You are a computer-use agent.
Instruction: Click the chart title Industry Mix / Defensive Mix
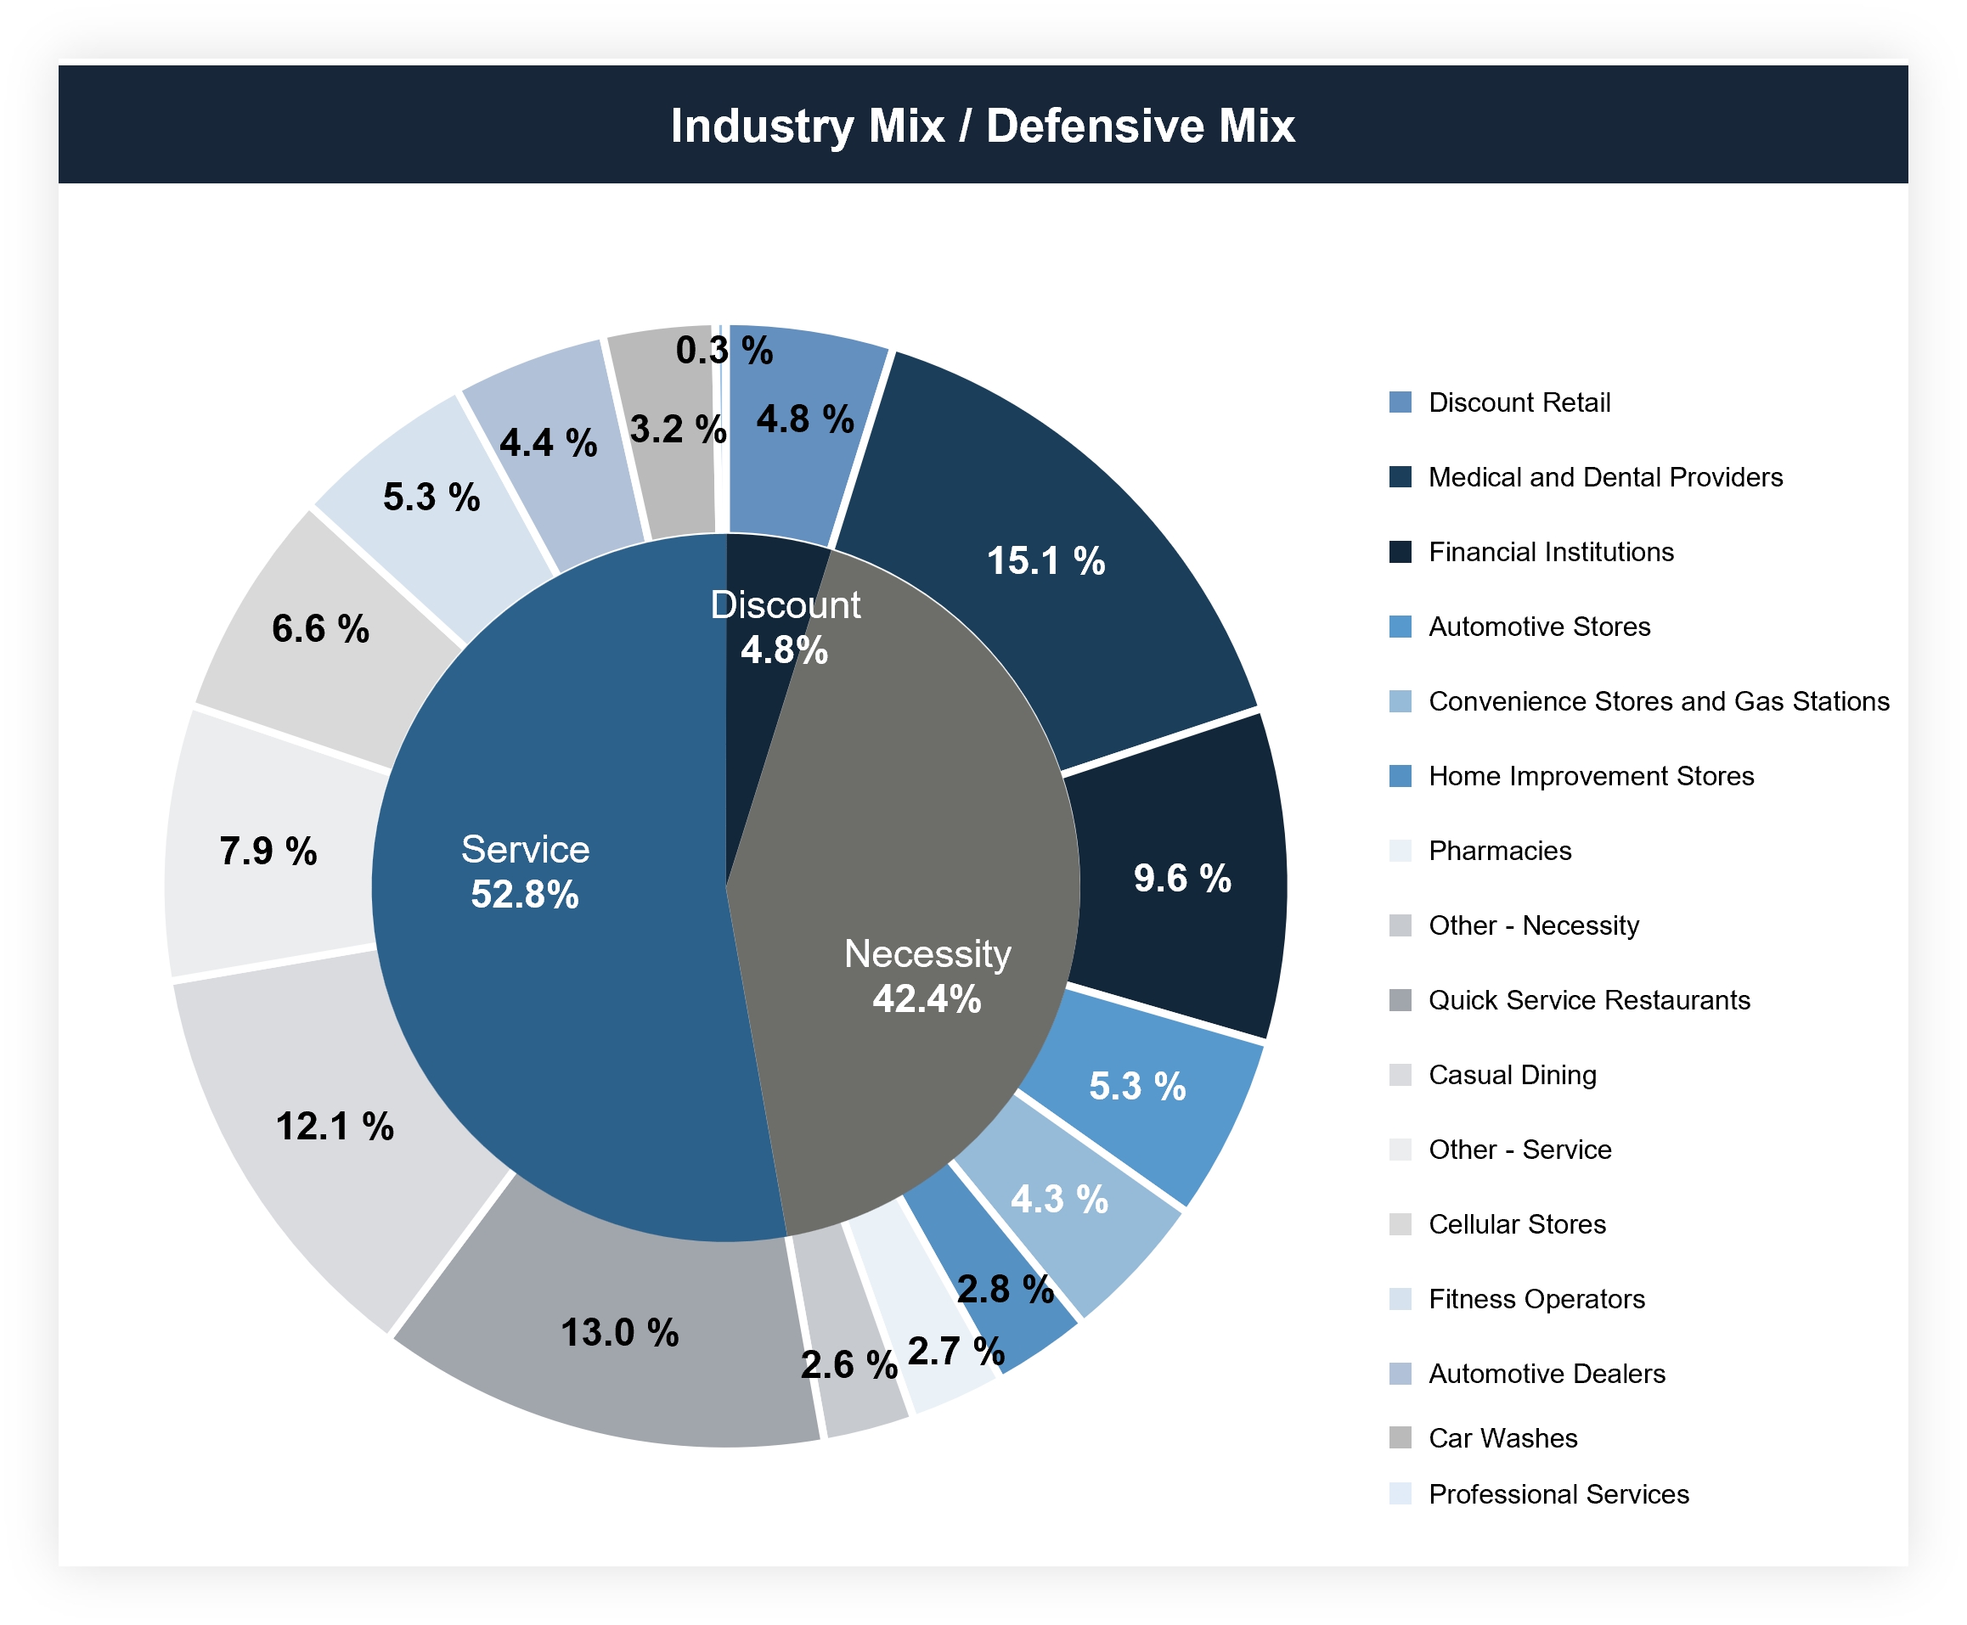click(982, 126)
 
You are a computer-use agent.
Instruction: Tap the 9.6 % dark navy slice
click(1181, 878)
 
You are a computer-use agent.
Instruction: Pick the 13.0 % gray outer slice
click(619, 1332)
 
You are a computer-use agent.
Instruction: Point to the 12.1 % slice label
click(335, 1126)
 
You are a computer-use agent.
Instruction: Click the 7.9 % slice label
click(268, 851)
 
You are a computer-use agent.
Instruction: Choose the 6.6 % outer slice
click(320, 628)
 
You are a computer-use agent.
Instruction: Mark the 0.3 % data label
click(724, 350)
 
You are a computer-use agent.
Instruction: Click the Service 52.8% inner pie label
click(525, 871)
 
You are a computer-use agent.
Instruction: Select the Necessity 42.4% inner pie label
click(927, 976)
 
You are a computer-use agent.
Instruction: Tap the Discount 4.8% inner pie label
click(785, 627)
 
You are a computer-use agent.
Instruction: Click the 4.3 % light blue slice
click(1059, 1199)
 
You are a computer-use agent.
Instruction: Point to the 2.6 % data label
click(848, 1364)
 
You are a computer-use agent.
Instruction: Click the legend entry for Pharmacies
click(1499, 851)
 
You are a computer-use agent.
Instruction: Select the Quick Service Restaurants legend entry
click(1588, 1001)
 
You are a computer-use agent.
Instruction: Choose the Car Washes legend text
click(1502, 1437)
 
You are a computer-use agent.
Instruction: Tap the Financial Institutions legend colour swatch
click(1400, 551)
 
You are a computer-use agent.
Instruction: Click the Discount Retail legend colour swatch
click(1400, 402)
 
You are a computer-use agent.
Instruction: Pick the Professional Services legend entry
click(1558, 1494)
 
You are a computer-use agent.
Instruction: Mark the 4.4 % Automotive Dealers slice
click(548, 442)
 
